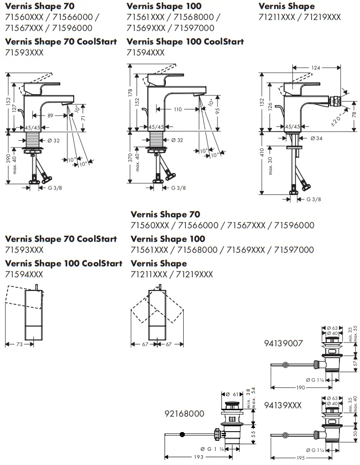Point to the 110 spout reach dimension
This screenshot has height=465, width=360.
point(177,110)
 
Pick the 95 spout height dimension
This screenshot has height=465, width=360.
point(218,111)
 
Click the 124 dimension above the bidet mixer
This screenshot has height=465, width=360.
point(315,68)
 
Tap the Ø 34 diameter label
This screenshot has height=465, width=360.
point(316,138)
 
